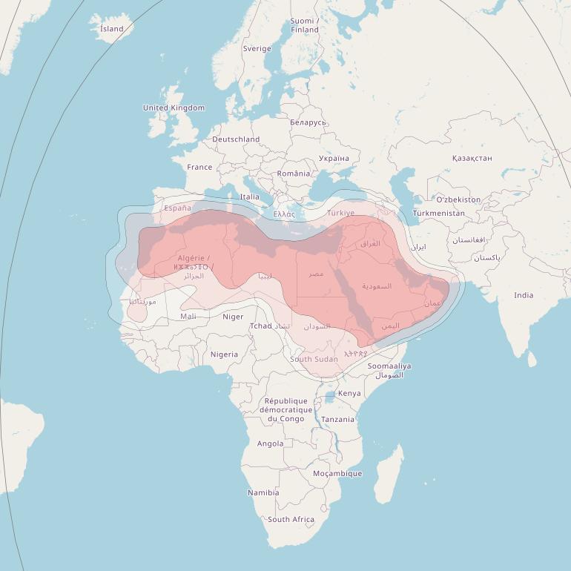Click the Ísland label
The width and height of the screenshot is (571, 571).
112,29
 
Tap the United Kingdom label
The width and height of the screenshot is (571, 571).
174,108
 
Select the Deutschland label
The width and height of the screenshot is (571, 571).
236,139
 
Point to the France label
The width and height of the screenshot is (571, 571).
199,167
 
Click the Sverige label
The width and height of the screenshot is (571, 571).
257,48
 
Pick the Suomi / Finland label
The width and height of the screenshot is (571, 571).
305,25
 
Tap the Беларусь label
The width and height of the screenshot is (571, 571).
308,122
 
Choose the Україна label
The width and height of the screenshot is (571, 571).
334,158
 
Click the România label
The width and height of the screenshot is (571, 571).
294,173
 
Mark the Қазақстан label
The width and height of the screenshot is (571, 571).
472,158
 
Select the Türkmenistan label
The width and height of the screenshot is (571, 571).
439,213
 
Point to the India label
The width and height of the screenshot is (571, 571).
524,295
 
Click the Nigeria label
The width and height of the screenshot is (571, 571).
224,354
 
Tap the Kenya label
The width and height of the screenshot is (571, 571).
349,393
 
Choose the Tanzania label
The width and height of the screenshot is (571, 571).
338,419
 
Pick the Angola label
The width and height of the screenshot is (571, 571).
270,443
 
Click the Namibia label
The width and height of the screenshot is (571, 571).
263,492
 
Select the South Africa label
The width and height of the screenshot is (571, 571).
291,519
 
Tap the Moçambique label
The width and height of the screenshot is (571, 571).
337,473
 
